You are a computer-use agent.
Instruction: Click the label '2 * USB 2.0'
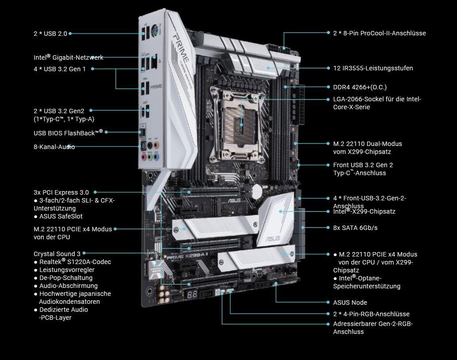pos(50,34)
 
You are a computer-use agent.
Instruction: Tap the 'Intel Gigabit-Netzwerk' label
pos(69,57)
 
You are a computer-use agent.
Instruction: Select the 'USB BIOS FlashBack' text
pos(68,133)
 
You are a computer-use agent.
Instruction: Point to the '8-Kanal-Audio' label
pos(54,147)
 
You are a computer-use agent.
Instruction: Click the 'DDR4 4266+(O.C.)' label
pos(360,87)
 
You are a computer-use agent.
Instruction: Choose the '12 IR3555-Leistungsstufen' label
pos(373,68)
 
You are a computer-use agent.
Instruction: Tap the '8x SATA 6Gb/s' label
pos(355,228)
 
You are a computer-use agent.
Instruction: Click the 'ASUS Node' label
pos(350,303)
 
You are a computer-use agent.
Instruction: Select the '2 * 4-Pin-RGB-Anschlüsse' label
pos(371,314)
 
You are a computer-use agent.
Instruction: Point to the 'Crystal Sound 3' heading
pos(57,254)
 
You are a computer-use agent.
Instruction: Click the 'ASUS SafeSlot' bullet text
pos(61,216)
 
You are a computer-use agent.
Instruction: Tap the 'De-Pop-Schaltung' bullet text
pos(66,278)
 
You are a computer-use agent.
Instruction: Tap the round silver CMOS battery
pos(257,191)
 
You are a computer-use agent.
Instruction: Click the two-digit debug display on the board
pos(192,294)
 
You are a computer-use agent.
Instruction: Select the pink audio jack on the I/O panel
pos(143,157)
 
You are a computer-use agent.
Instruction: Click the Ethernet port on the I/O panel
pos(154,62)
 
